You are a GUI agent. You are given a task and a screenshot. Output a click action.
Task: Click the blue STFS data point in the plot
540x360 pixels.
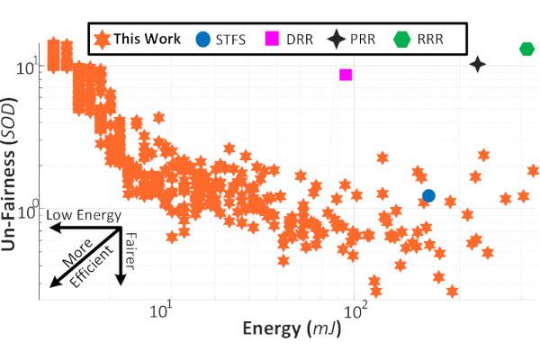[x=428, y=195]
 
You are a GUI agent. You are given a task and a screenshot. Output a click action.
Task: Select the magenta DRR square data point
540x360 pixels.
[x=346, y=74]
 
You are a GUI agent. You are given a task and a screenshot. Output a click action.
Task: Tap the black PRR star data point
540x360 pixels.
[x=477, y=64]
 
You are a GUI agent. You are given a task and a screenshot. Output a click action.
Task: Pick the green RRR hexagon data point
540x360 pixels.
[x=527, y=49]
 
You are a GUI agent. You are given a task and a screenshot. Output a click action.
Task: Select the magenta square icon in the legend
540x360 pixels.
[x=270, y=39]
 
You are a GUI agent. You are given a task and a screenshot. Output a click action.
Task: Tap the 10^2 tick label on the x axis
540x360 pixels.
[x=356, y=311]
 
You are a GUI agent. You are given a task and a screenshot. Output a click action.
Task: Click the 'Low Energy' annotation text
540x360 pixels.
[x=84, y=216]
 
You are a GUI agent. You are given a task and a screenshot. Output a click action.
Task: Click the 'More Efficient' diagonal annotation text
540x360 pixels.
[x=80, y=266]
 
